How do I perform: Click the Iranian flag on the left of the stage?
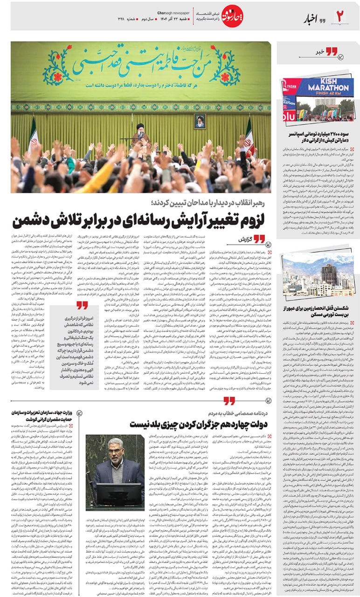click(x=33, y=135)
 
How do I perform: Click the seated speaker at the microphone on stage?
click(x=140, y=133)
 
